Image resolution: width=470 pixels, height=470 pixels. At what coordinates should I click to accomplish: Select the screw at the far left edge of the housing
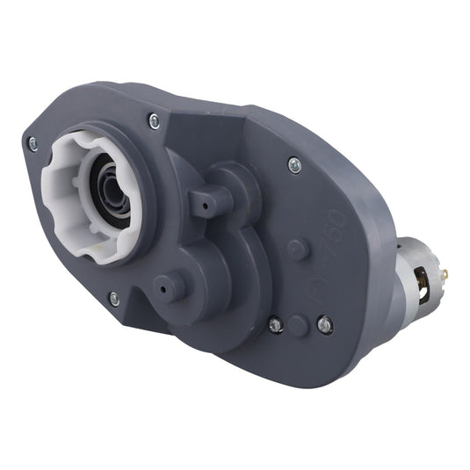coord(33,143)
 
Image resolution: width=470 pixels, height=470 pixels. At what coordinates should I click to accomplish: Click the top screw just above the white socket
coord(155,121)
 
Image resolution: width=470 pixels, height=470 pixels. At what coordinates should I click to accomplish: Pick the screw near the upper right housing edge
coord(293,163)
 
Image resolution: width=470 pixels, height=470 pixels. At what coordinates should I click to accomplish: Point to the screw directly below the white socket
coord(114,299)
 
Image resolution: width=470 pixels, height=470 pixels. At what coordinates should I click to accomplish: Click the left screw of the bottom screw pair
coord(275,325)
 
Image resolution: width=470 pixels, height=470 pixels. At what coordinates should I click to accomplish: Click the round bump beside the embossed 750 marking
coord(299,249)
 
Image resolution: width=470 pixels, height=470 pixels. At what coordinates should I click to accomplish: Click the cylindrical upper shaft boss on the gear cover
coord(209,201)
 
